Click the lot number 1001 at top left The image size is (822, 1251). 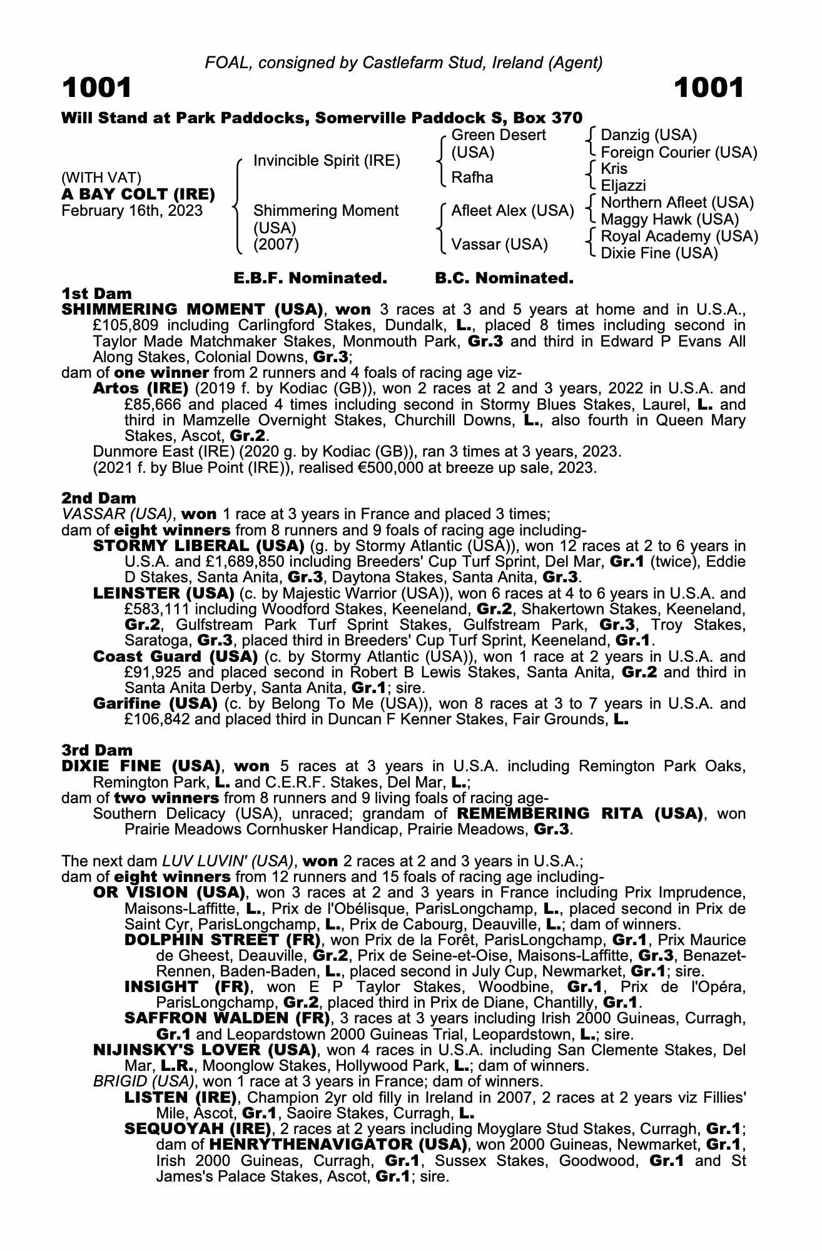point(97,88)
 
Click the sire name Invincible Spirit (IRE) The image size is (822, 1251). point(327,161)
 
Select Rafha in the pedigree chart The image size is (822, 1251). point(472,178)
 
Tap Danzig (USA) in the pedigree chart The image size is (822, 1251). point(648,135)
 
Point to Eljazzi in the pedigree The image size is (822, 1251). point(623,186)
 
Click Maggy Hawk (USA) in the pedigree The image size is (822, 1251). point(669,220)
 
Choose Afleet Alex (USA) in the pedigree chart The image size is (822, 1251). point(512,211)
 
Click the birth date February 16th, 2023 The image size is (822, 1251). point(132,211)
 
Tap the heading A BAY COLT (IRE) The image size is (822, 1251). point(138,195)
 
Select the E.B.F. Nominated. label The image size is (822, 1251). point(310,278)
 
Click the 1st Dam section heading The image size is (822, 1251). point(97,294)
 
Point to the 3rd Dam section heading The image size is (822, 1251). point(97,750)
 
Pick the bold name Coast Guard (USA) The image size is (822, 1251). point(175,657)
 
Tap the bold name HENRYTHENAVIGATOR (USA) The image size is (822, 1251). point(338,1145)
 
